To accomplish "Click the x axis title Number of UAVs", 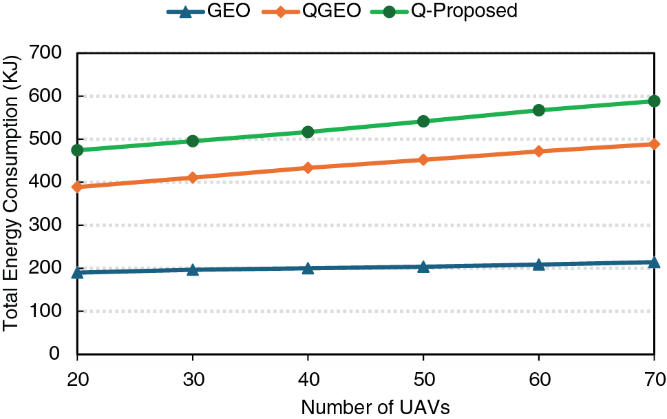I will pos(365,407).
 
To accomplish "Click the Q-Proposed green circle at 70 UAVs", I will pos(654,101).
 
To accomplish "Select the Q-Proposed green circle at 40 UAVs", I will pos(308,132).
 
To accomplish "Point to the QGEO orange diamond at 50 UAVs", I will pos(423,160).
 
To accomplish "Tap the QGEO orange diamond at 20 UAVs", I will pos(77,187).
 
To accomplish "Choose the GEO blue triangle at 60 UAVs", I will pos(538,265).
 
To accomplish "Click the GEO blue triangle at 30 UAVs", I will pos(193,269).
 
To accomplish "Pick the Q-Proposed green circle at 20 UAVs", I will pos(77,150).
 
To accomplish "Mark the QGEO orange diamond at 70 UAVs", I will pos(654,144).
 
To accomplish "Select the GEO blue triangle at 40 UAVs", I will pos(308,267).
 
